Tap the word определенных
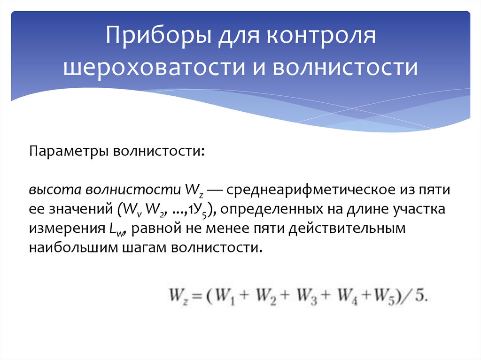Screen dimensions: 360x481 click(x=267, y=210)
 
